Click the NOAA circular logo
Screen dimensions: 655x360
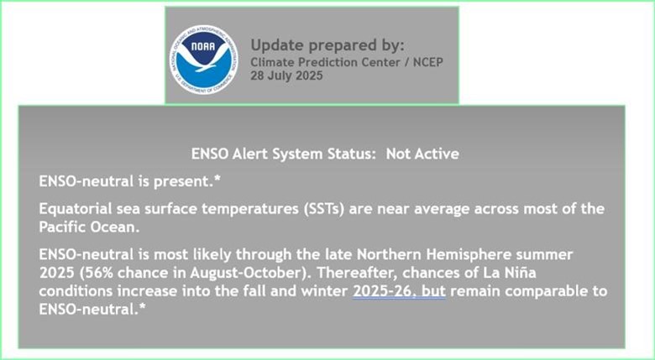[204, 60]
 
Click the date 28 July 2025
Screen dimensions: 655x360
[286, 76]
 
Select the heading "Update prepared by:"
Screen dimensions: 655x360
[327, 45]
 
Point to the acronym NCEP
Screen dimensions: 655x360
[428, 62]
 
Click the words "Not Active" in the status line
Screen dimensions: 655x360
[422, 154]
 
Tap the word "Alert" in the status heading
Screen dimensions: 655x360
[249, 154]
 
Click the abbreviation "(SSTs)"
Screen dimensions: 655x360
[324, 209]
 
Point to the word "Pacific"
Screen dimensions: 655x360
[63, 227]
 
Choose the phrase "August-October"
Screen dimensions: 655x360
[244, 273]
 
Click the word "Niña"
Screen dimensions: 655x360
[521, 273]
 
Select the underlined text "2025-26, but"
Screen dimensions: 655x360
[399, 291]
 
